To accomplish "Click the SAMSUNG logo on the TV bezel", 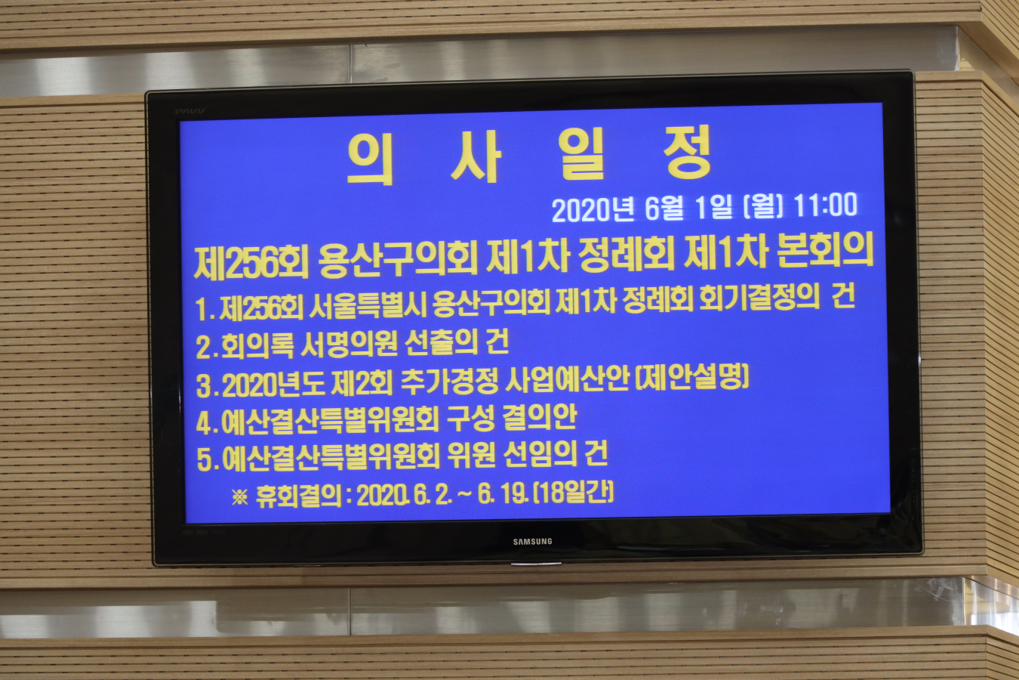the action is (x=532, y=542).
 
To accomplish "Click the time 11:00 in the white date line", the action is (x=825, y=205).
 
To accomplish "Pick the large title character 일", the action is (x=582, y=154).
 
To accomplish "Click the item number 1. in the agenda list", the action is (x=205, y=309).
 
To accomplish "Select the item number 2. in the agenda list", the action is (x=207, y=348).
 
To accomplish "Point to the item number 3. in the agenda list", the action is (x=207, y=386).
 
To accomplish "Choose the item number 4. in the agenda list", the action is (x=207, y=423).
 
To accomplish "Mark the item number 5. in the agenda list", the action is (x=208, y=459).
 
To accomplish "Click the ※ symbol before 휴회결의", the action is (x=240, y=497).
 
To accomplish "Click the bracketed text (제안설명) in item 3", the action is (x=692, y=377).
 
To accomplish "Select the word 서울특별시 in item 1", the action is (x=368, y=304).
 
